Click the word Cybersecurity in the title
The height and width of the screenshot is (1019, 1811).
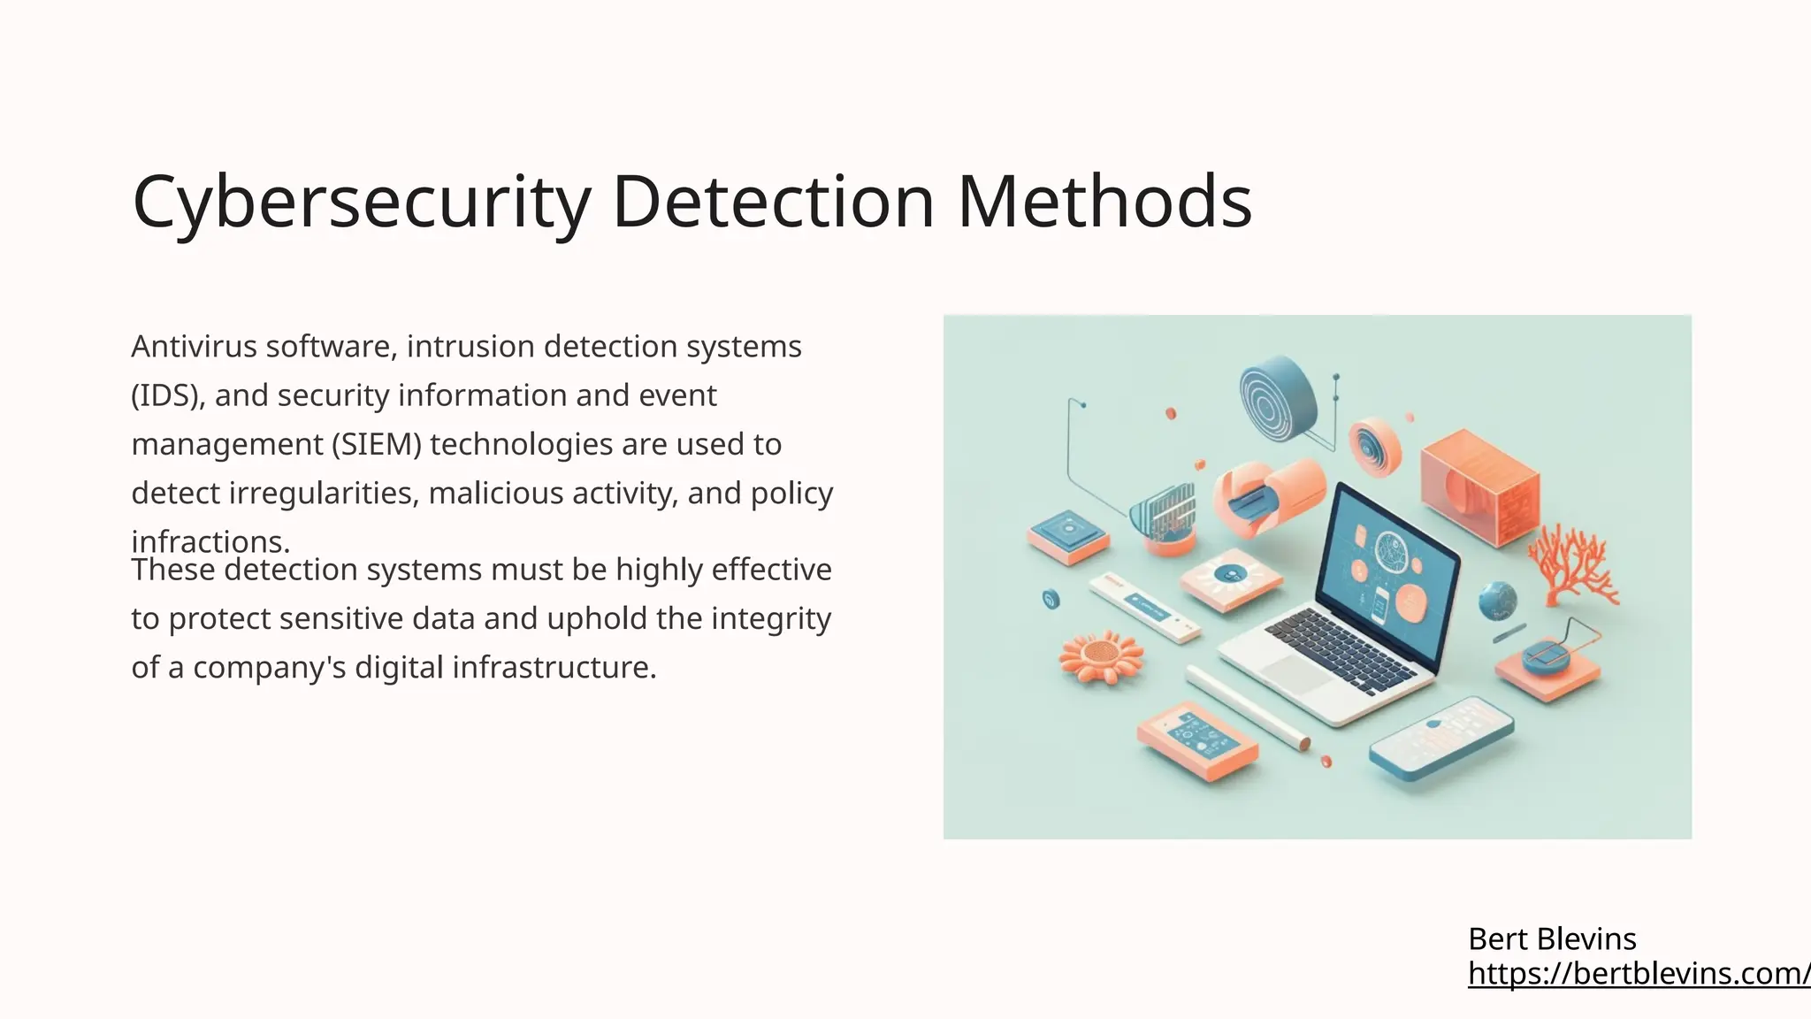(x=361, y=203)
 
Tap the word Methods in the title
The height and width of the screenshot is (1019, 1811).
(x=1104, y=203)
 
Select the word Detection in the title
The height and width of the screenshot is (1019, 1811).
(x=773, y=203)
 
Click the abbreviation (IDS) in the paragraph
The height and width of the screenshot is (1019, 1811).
(x=167, y=395)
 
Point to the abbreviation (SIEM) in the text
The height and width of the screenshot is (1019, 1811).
(x=377, y=444)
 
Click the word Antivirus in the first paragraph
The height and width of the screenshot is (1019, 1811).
(x=194, y=347)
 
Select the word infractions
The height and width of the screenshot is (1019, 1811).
(x=210, y=540)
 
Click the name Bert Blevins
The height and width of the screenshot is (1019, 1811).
(x=1552, y=939)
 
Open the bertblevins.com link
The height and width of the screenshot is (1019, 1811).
(x=1639, y=973)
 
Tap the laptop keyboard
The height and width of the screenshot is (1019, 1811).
(x=1340, y=651)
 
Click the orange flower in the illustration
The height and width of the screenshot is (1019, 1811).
(x=1101, y=656)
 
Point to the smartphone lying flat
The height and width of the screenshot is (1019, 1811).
(x=1441, y=738)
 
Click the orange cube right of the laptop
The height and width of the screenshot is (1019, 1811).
(x=1479, y=486)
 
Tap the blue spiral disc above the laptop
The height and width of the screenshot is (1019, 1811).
(x=1277, y=399)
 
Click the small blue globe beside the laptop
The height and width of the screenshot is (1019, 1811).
(x=1497, y=601)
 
